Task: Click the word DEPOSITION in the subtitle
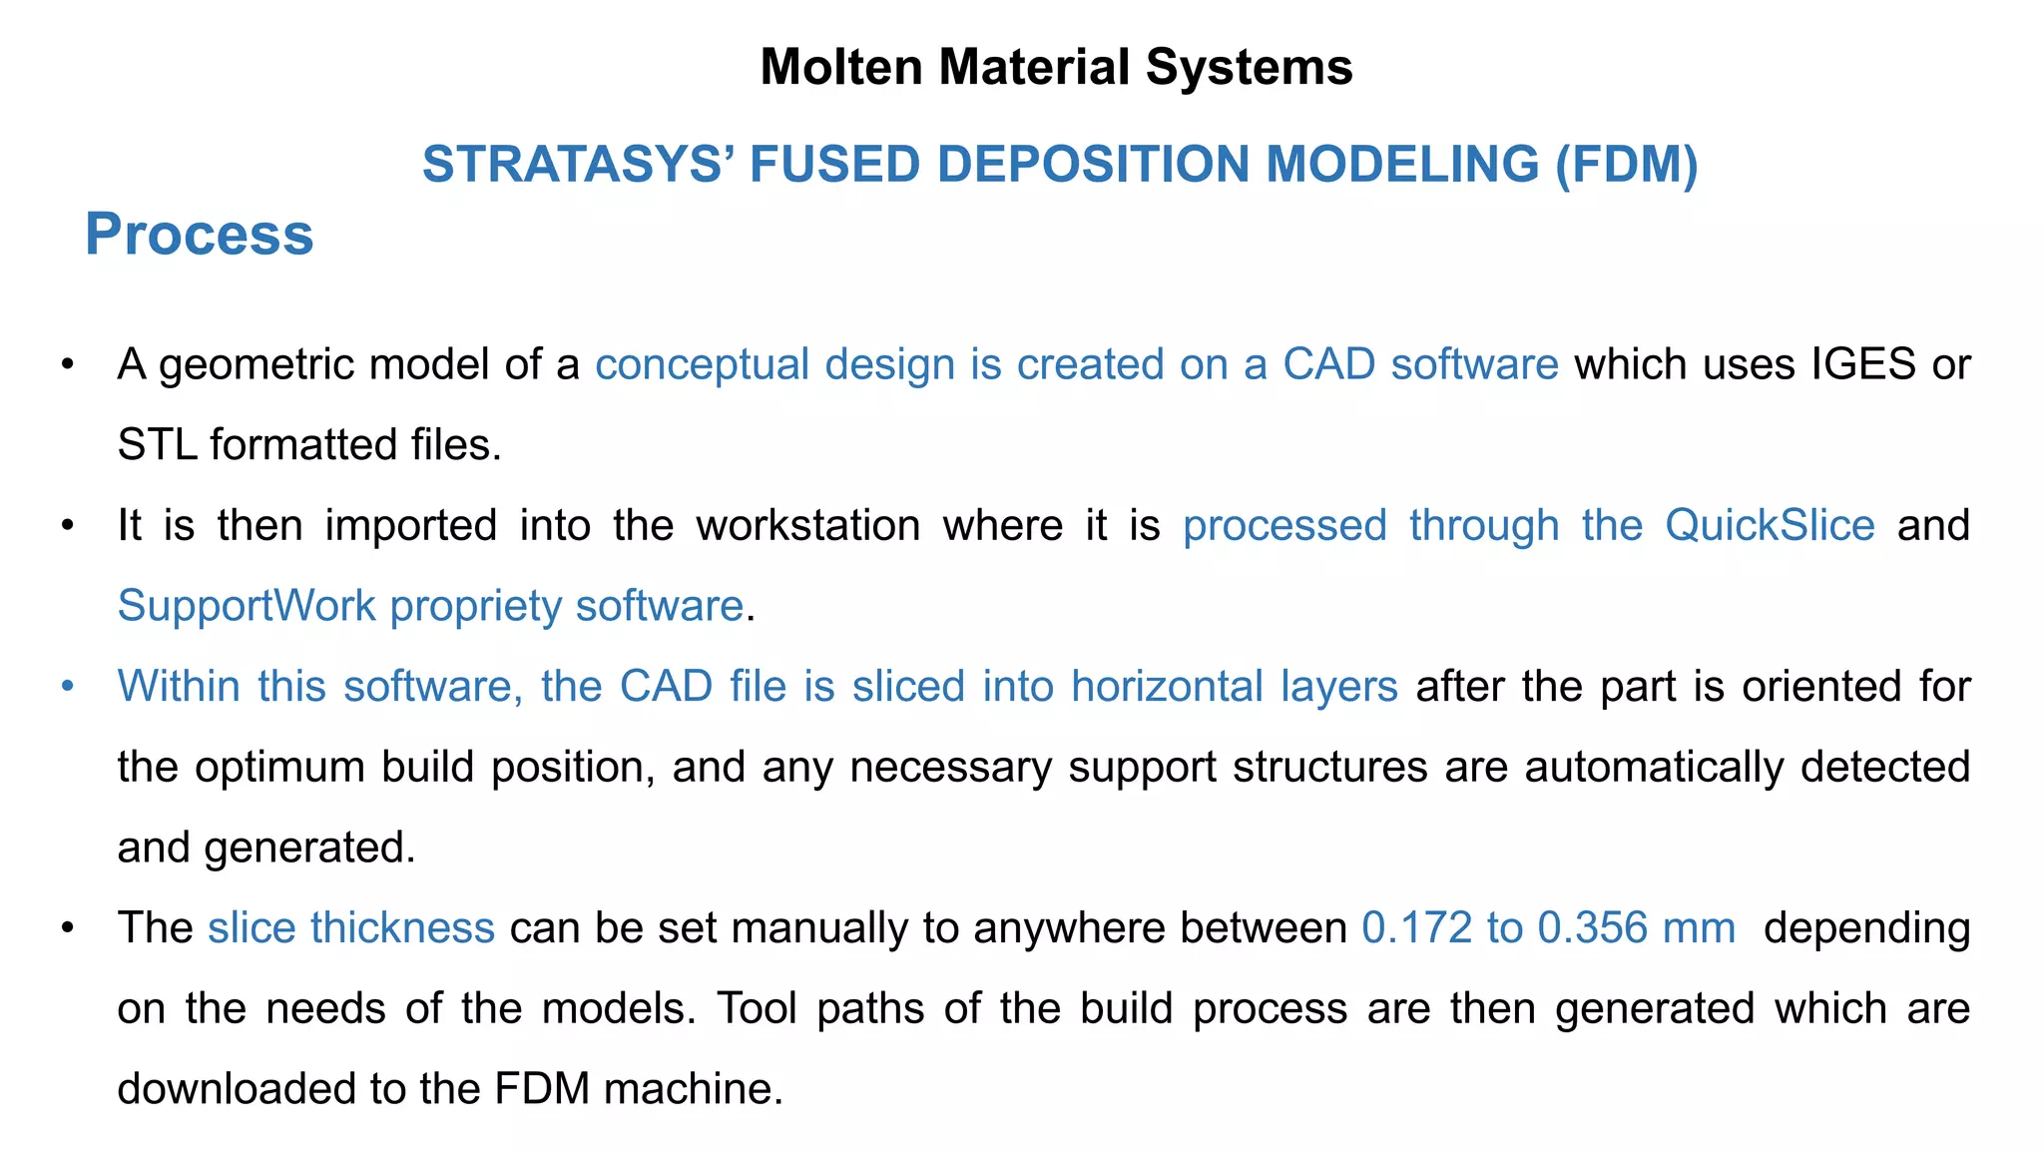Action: click(1094, 165)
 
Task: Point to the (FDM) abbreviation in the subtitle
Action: click(1626, 165)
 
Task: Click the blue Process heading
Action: click(199, 235)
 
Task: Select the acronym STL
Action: click(157, 445)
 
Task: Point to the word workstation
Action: click(807, 526)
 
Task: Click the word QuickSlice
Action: click(1770, 526)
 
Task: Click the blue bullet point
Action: click(67, 687)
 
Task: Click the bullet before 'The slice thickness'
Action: click(67, 928)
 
